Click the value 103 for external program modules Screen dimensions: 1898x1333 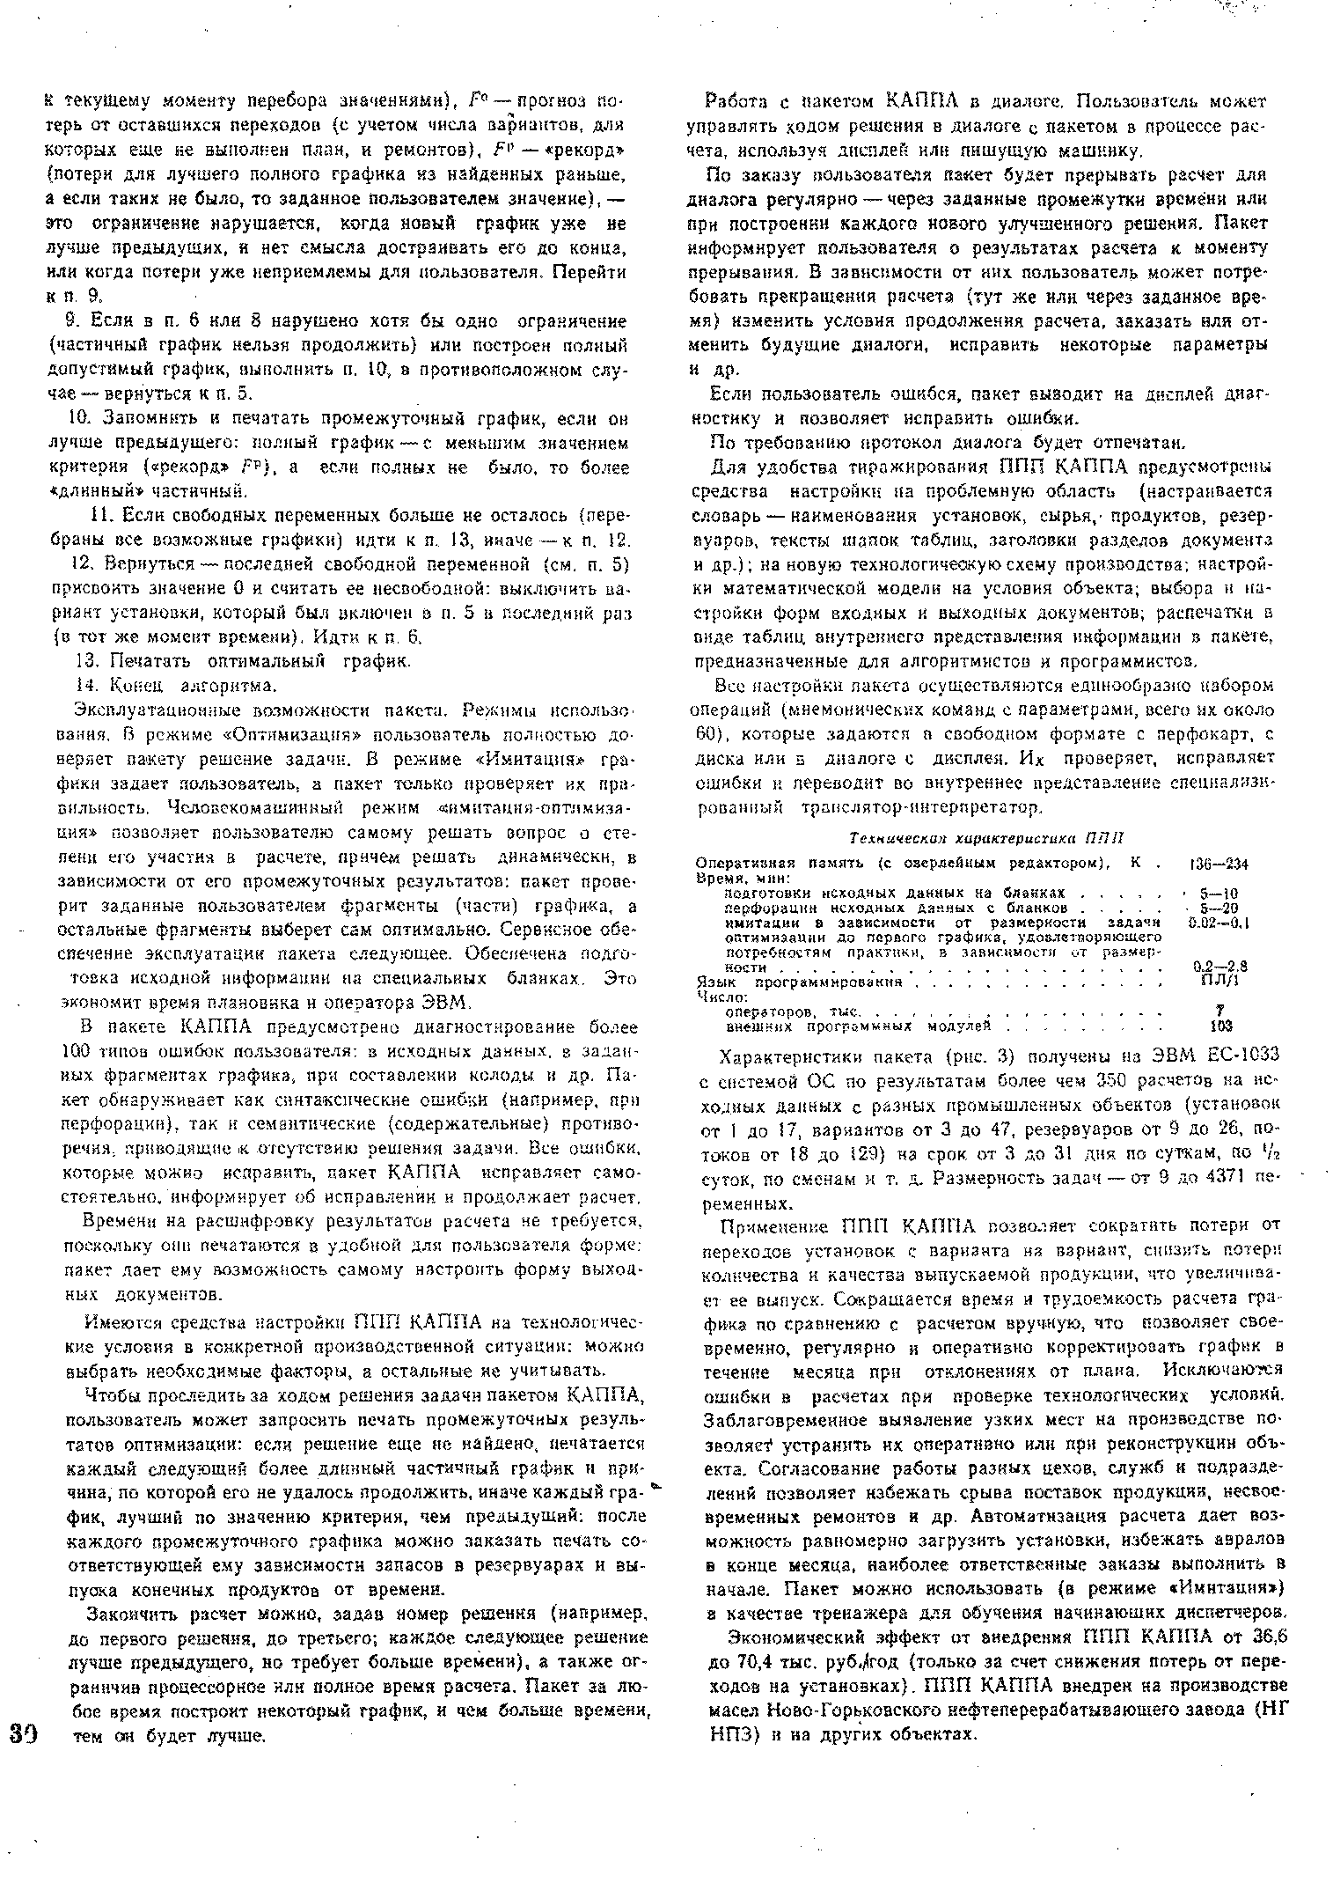(x=1220, y=1026)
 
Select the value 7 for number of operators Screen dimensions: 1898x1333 (x=1221, y=1012)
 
